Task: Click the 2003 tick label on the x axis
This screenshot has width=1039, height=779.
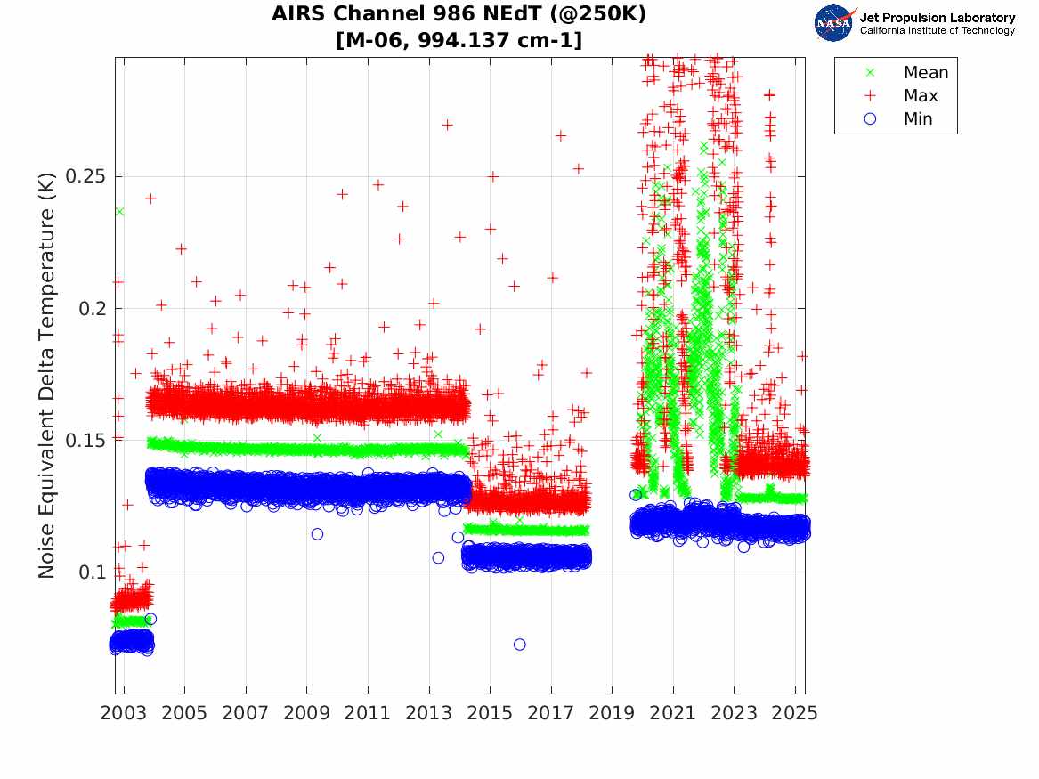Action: pos(124,713)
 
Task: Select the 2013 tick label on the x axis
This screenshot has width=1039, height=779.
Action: pos(429,713)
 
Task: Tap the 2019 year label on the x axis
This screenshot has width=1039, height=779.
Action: pos(613,713)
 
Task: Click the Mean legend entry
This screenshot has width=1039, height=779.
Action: pos(926,73)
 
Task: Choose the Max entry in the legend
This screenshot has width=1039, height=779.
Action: pos(921,96)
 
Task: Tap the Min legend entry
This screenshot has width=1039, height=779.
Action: pos(918,119)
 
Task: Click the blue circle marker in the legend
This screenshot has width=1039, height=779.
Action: pos(870,119)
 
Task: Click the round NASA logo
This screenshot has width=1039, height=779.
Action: pos(833,23)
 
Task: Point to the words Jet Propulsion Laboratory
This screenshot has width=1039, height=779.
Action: pos(937,18)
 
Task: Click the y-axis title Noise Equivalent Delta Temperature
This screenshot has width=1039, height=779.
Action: pos(47,375)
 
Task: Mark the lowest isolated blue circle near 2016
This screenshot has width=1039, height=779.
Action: pos(520,645)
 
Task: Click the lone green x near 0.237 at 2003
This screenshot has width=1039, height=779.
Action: pos(119,211)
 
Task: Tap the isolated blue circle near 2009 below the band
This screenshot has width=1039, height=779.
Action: pos(317,534)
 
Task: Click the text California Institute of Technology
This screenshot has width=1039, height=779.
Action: pos(937,31)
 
